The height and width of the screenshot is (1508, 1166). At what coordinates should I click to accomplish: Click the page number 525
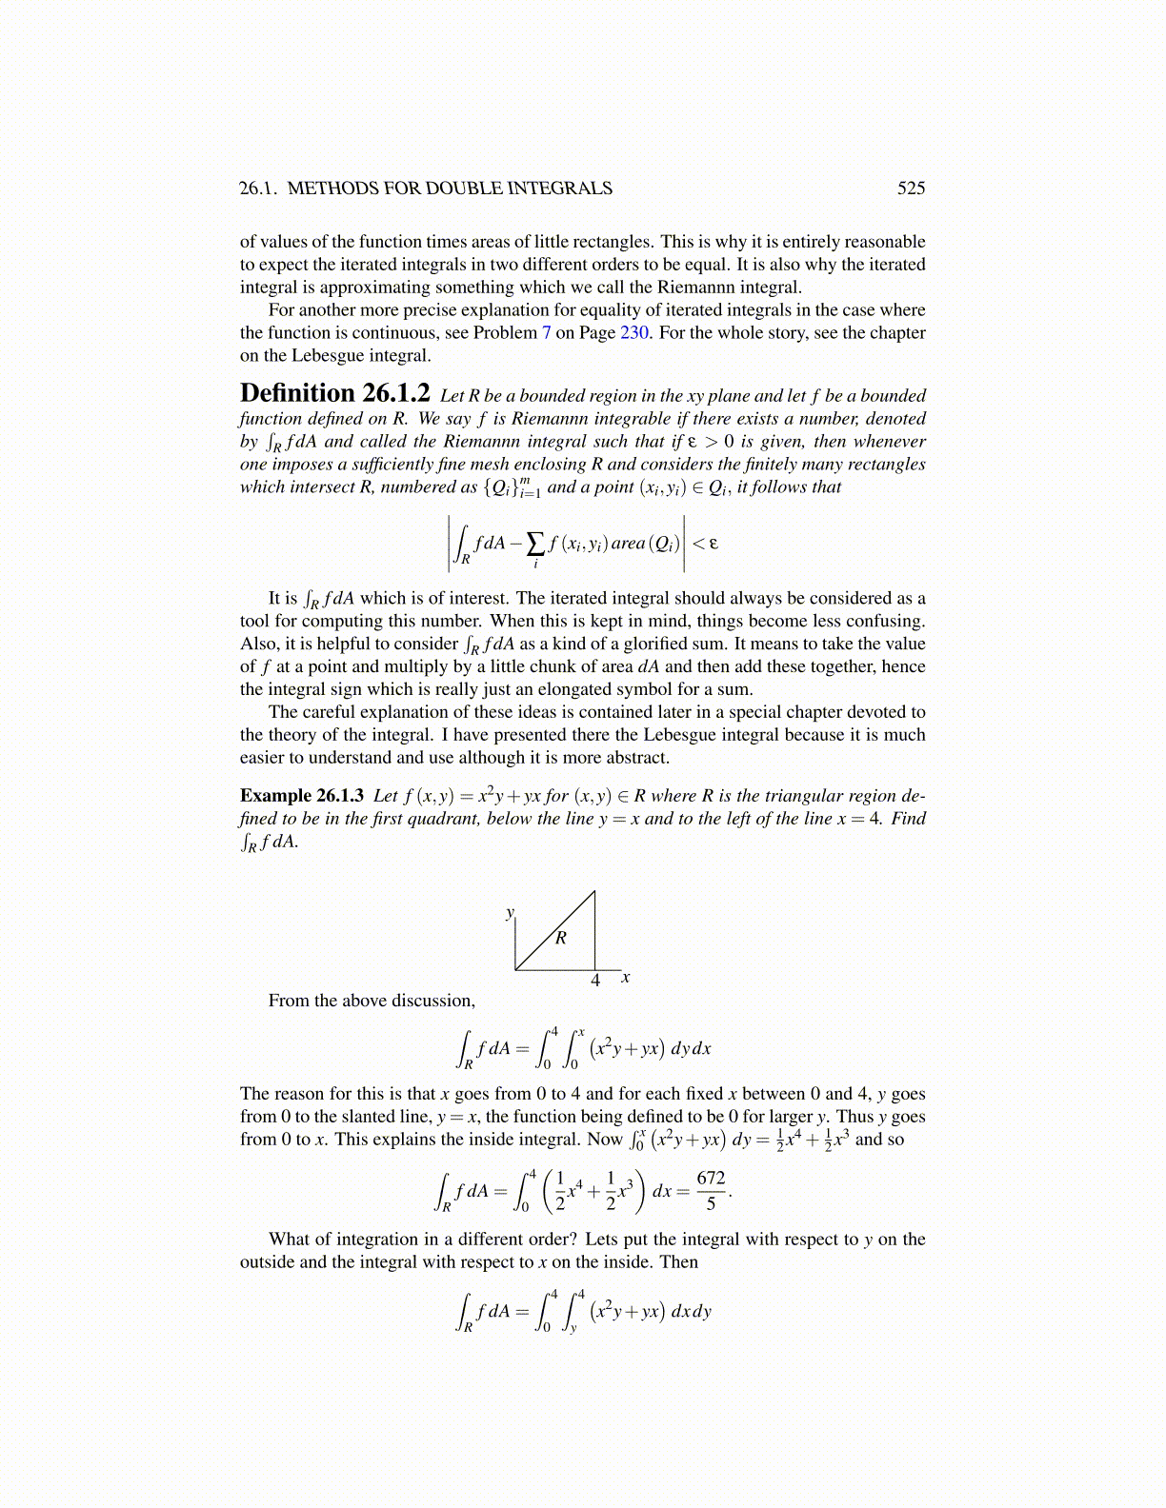tap(911, 188)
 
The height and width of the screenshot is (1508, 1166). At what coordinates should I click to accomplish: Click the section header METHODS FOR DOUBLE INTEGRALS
tap(450, 188)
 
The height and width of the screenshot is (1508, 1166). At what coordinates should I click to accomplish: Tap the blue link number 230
tap(634, 332)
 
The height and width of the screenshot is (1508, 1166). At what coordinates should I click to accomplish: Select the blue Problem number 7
tap(547, 332)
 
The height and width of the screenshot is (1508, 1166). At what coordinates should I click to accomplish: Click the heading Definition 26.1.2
tap(334, 393)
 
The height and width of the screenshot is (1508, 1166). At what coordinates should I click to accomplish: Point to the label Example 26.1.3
tap(301, 795)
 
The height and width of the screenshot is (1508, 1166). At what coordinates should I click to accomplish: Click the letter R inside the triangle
tap(561, 938)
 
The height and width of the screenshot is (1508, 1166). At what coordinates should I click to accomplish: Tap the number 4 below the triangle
tap(595, 981)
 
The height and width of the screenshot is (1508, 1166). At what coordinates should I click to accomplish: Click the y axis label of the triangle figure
tap(510, 913)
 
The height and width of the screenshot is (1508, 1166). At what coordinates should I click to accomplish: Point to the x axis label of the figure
tap(625, 977)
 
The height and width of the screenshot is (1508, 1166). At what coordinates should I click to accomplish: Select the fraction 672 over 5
tap(711, 1190)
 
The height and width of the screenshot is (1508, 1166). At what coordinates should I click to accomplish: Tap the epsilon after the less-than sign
tap(714, 544)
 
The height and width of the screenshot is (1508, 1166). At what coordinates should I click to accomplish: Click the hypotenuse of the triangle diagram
tap(555, 930)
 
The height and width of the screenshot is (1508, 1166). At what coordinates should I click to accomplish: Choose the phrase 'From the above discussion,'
tap(372, 1001)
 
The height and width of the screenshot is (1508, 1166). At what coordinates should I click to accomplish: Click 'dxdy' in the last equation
tap(691, 1311)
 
